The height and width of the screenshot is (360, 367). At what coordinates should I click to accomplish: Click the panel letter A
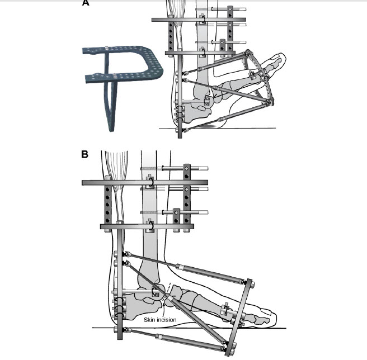(x=86, y=3)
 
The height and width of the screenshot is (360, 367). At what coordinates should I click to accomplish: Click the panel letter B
(x=84, y=154)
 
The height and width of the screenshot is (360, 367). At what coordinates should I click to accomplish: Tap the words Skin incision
(x=160, y=320)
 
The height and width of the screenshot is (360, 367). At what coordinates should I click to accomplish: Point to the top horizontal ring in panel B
(x=145, y=183)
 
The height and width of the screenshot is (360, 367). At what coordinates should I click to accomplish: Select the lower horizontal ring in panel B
(x=147, y=226)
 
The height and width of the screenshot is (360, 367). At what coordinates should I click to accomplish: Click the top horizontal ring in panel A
(x=199, y=20)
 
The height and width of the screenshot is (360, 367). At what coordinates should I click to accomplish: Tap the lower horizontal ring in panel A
(x=200, y=53)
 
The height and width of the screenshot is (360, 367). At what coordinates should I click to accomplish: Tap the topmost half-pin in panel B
(x=175, y=168)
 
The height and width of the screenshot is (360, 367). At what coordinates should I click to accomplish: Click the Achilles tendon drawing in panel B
(x=116, y=187)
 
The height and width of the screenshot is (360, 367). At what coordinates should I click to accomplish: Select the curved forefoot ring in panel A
(x=260, y=77)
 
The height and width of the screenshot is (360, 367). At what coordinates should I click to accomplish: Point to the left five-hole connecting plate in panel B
(x=107, y=204)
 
